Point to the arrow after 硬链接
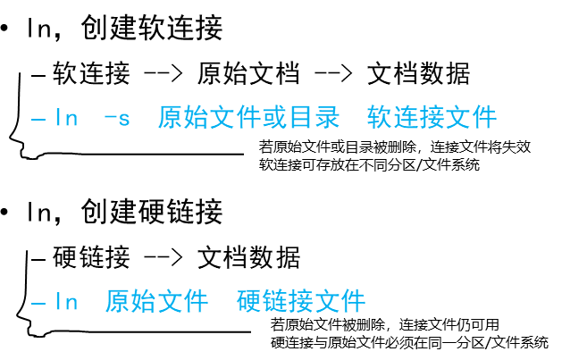pyautogui.click(x=163, y=258)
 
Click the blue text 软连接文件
pyautogui.click(x=432, y=117)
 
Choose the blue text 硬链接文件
pyautogui.click(x=301, y=301)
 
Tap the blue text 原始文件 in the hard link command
pyautogui.click(x=155, y=301)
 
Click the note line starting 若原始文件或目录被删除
pyautogui.click(x=394, y=147)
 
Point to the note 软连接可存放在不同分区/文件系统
pyautogui.click(x=369, y=164)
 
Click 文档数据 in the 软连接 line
pyautogui.click(x=418, y=73)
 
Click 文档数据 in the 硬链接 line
pyautogui.click(x=248, y=257)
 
